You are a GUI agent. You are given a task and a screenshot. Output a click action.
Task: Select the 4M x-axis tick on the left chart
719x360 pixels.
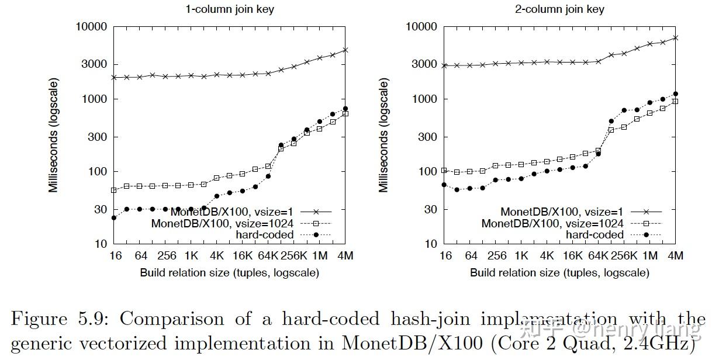(345, 256)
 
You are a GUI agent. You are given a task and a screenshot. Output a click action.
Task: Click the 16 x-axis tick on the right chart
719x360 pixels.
(445, 256)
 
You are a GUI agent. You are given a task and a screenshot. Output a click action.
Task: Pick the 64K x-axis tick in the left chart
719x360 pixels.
(268, 256)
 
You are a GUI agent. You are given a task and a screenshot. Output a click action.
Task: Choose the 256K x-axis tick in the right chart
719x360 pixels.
(624, 256)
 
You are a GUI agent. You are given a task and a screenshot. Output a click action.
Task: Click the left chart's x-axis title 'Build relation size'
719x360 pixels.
(230, 273)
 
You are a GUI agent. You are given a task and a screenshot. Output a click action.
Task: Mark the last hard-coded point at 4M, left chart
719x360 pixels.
(345, 109)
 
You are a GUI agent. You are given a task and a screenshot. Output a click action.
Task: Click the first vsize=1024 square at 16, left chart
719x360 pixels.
(114, 190)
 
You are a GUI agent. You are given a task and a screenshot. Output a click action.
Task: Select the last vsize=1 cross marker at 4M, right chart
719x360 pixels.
(676, 37)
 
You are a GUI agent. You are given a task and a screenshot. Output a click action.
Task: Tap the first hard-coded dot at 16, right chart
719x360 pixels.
(444, 185)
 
